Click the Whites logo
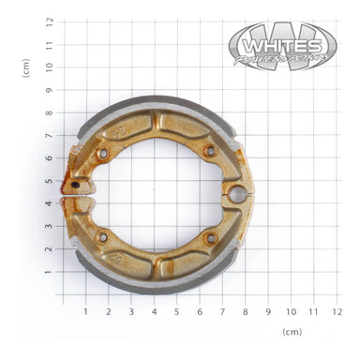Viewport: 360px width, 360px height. tap(282, 45)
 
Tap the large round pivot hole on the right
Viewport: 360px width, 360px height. tap(237, 194)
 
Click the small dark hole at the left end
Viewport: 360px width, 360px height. tap(76, 185)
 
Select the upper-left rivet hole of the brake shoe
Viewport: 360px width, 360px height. tap(103, 153)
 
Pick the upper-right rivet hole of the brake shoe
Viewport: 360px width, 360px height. tap(209, 150)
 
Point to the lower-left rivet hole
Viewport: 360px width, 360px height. tap(102, 235)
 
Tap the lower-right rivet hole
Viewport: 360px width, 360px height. tap(212, 238)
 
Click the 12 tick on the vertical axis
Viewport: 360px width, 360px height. tap(49, 21)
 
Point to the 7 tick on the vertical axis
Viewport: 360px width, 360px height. tap(49, 135)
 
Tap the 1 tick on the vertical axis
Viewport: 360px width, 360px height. tap(49, 272)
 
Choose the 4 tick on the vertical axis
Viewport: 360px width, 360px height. tap(49, 203)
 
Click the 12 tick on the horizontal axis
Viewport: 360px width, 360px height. tap(337, 311)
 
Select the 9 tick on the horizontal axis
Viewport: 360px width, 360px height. tap(268, 311)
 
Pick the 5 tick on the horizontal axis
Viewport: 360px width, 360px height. tap(176, 311)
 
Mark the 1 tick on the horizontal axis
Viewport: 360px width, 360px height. tap(85, 311)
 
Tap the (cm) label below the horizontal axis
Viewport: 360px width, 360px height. tap(292, 332)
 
